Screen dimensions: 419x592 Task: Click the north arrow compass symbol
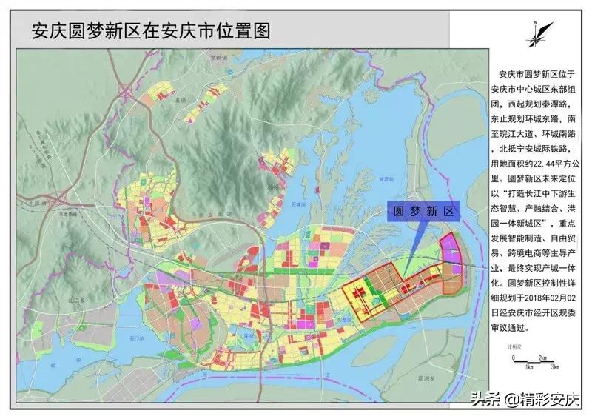click(x=538, y=33)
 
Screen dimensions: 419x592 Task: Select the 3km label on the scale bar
click(x=554, y=366)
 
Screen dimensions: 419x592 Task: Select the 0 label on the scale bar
click(x=512, y=366)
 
